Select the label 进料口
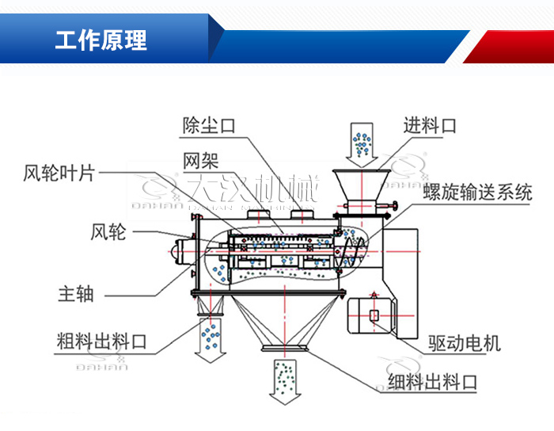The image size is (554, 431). [430, 125]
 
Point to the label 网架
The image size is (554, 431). [200, 160]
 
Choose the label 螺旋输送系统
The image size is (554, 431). [476, 192]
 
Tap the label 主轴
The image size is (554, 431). [76, 293]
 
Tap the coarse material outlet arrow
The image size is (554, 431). [211, 339]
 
